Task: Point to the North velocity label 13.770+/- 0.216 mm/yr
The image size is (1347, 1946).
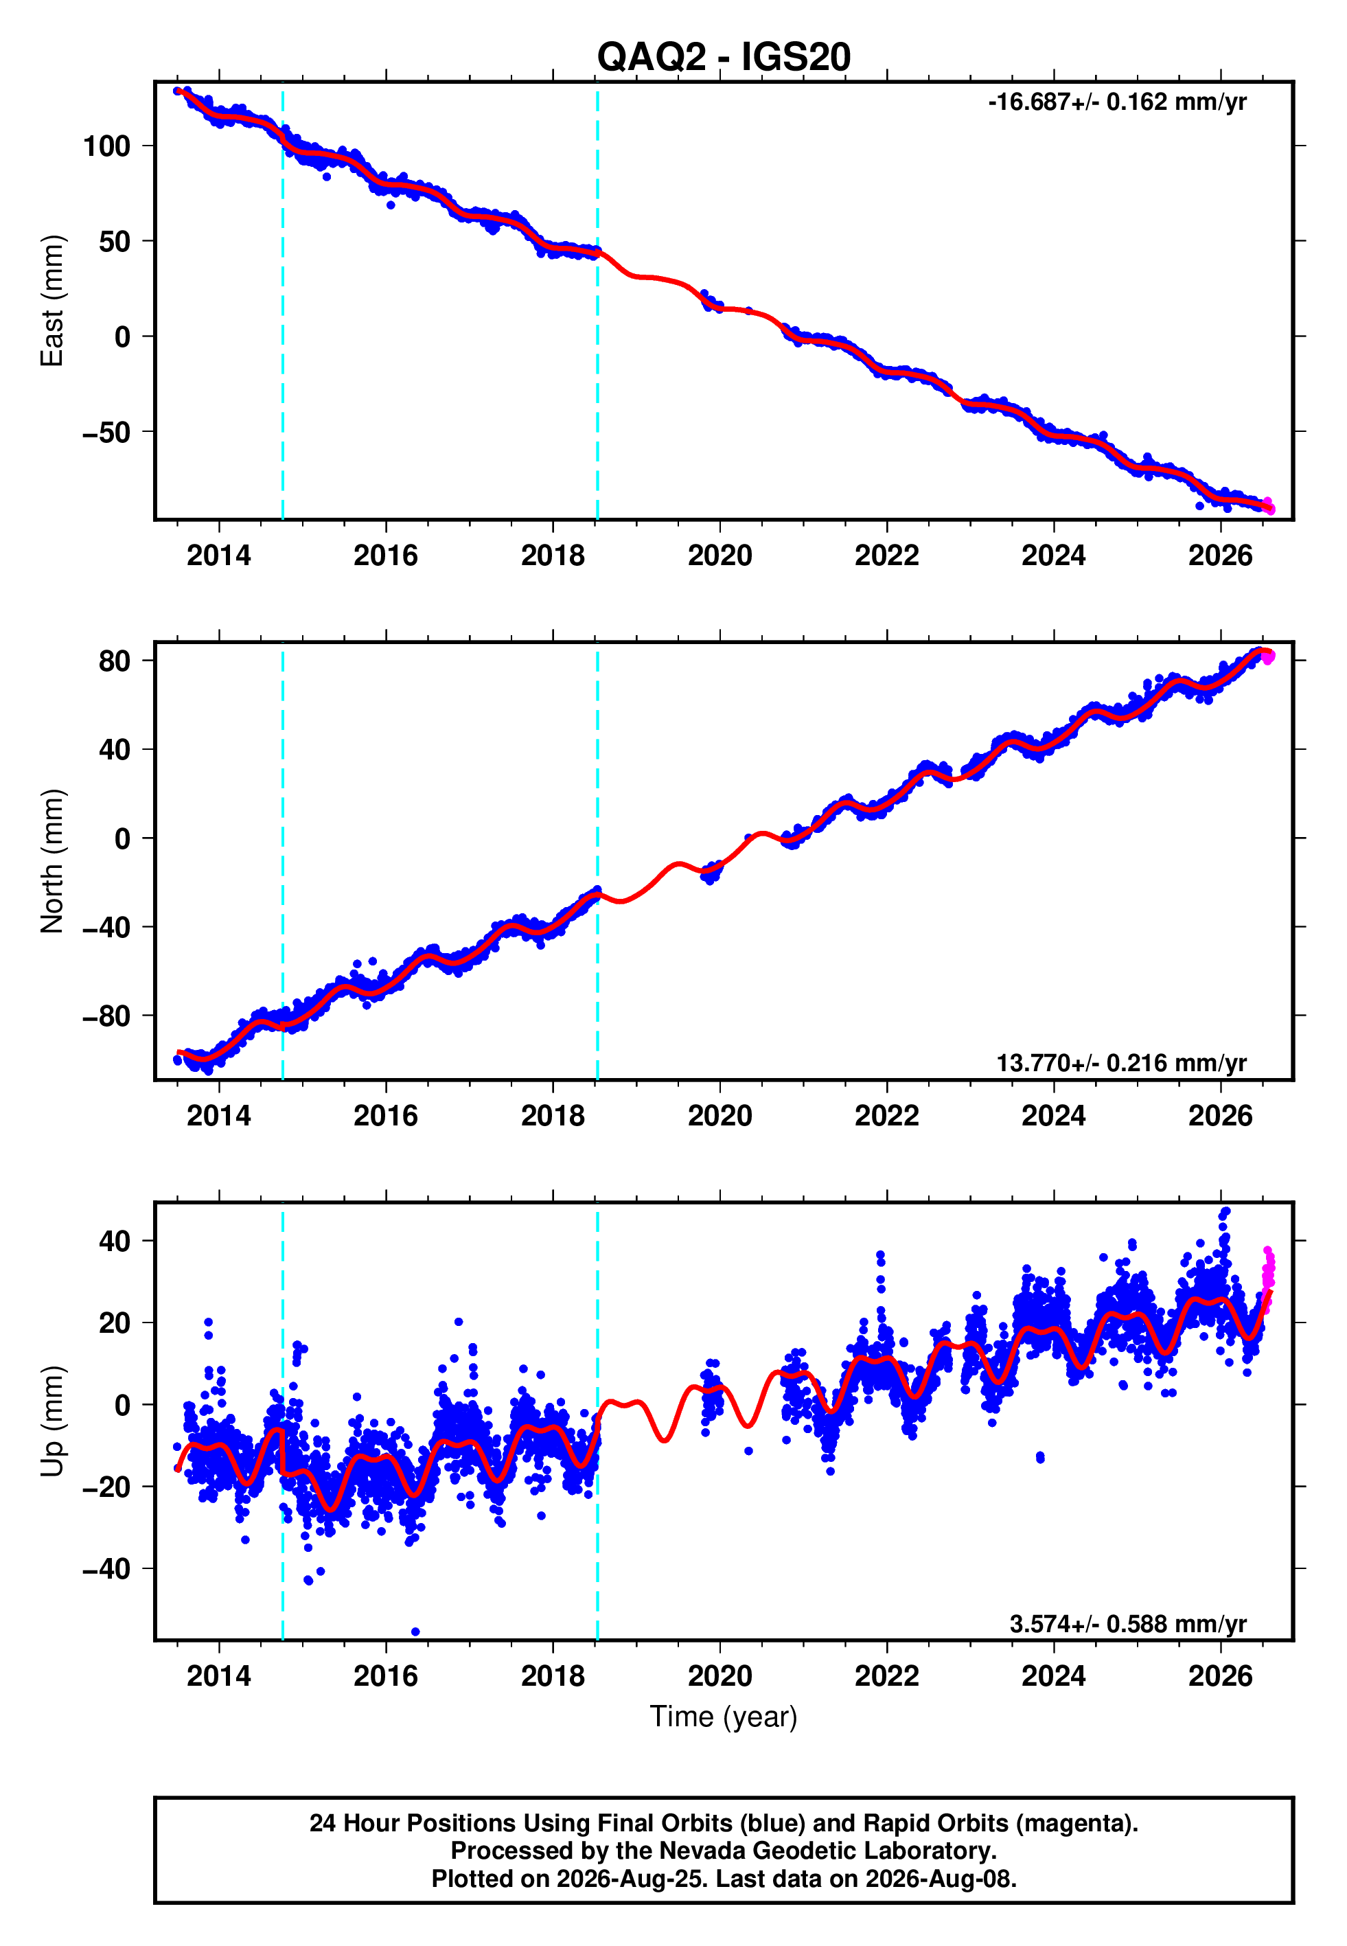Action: coord(1121,1062)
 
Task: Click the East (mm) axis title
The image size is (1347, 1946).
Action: coord(52,301)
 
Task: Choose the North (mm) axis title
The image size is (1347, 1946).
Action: coord(52,861)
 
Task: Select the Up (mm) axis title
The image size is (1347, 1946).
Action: coord(52,1421)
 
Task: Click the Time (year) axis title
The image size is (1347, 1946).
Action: coord(724,1717)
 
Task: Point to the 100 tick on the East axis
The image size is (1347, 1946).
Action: coord(106,146)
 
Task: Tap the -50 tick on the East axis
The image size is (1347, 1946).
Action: coord(106,432)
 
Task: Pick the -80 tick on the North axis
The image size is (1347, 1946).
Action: coord(106,1016)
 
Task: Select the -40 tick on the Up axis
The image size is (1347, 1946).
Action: coord(106,1569)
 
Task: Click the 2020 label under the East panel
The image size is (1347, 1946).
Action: coord(720,556)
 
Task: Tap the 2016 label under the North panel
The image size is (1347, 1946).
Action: coord(386,1116)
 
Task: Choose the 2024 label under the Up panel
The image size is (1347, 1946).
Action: coord(1053,1676)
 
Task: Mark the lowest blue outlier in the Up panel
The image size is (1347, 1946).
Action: coord(415,1632)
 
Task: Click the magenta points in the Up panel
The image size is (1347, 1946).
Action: coord(1267,1278)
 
